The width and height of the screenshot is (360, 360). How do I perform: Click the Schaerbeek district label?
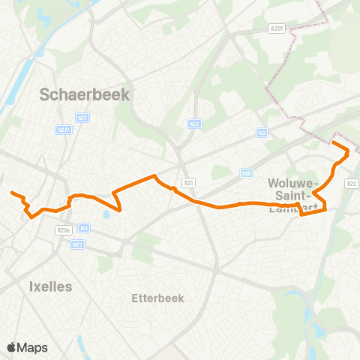(84, 95)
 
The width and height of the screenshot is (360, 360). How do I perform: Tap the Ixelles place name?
(50, 286)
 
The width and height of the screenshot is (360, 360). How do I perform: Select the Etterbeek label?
(157, 298)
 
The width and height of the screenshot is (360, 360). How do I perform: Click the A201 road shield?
(277, 28)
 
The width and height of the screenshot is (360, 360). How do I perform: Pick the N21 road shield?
(83, 117)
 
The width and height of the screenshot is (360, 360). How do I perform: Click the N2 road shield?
(262, 133)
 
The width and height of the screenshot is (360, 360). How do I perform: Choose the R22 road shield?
(352, 182)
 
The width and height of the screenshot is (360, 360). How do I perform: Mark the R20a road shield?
(62, 231)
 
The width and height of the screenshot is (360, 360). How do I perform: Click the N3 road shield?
(85, 228)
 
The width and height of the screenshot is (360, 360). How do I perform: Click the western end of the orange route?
(12, 193)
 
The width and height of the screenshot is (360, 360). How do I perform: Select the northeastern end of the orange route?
(333, 142)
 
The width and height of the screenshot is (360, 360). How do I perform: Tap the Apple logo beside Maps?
(11, 347)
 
